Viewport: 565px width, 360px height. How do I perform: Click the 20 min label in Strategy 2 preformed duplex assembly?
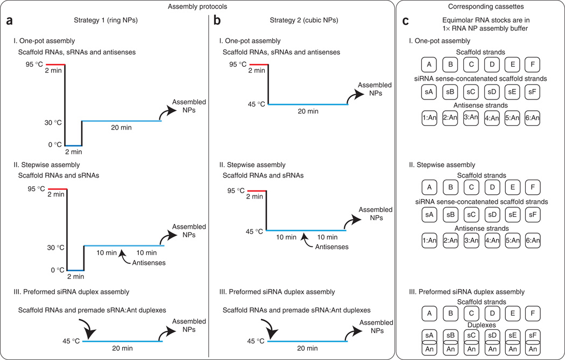tap(306, 349)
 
